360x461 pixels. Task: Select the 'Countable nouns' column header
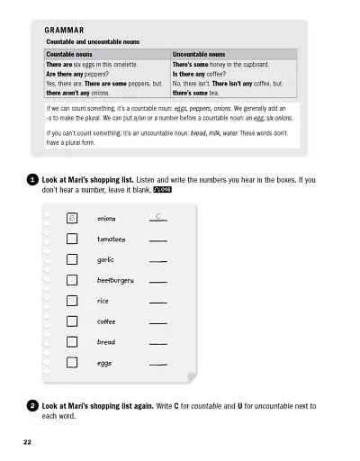click(73, 54)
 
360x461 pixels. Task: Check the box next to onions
click(72, 219)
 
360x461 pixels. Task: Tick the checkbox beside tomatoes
click(72, 240)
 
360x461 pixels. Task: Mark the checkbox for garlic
click(72, 260)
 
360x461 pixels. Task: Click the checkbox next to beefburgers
click(72, 281)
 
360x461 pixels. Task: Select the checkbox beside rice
click(72, 302)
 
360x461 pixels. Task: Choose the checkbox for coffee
click(72, 322)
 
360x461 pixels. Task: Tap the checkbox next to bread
click(72, 343)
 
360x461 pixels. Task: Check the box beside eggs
click(72, 364)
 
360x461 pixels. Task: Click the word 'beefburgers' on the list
click(115, 281)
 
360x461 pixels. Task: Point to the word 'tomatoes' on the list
click(111, 240)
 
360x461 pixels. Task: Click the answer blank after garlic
click(158, 262)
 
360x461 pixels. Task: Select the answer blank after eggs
click(158, 366)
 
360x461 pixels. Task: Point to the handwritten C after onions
click(157, 217)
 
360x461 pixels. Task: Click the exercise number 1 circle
click(32, 180)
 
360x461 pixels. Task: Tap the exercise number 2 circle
click(32, 407)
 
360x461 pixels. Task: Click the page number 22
click(28, 442)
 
